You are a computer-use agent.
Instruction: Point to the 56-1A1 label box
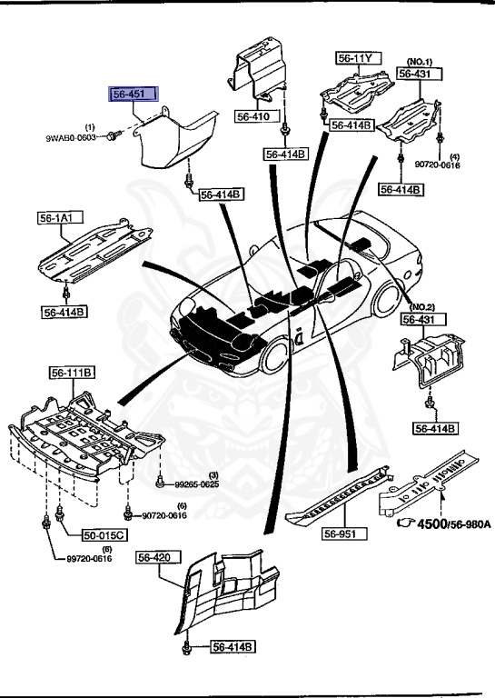coord(56,218)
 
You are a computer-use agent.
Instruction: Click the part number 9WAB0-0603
coord(73,137)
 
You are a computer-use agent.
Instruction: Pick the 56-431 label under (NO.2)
coord(421,319)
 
